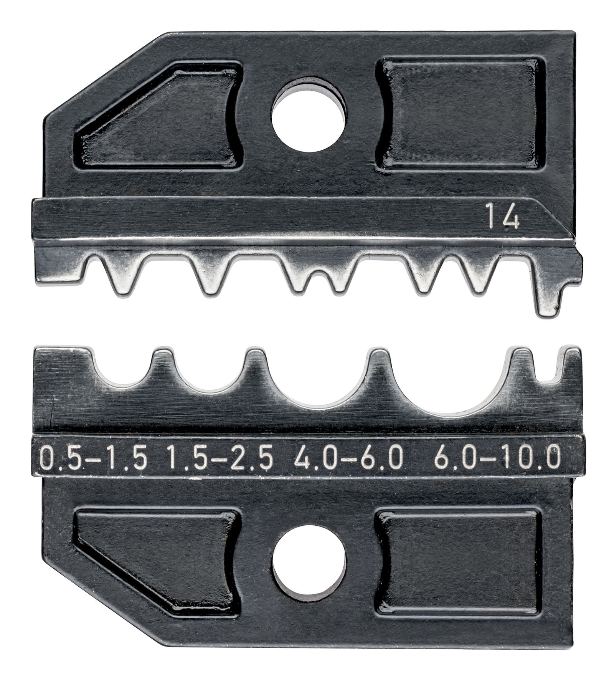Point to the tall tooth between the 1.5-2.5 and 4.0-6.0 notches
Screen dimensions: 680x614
[x=256, y=365]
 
